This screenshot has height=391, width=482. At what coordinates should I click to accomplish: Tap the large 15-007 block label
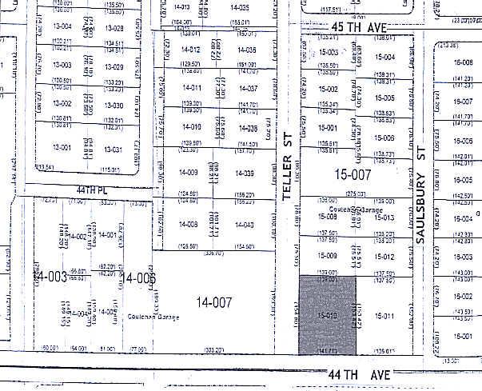tap(353, 174)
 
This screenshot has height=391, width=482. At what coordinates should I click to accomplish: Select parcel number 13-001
tap(62, 149)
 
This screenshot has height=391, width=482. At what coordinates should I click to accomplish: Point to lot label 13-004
tap(62, 26)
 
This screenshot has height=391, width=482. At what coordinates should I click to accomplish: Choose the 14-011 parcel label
tap(190, 88)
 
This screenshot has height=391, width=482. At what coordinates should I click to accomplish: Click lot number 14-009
tap(188, 173)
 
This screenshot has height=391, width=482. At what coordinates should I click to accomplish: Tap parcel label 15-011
tap(385, 317)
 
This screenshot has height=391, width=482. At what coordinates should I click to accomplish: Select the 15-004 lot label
tap(384, 58)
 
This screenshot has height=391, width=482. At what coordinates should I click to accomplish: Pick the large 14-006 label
tap(138, 277)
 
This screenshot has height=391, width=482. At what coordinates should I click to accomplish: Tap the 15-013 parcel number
tap(384, 217)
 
